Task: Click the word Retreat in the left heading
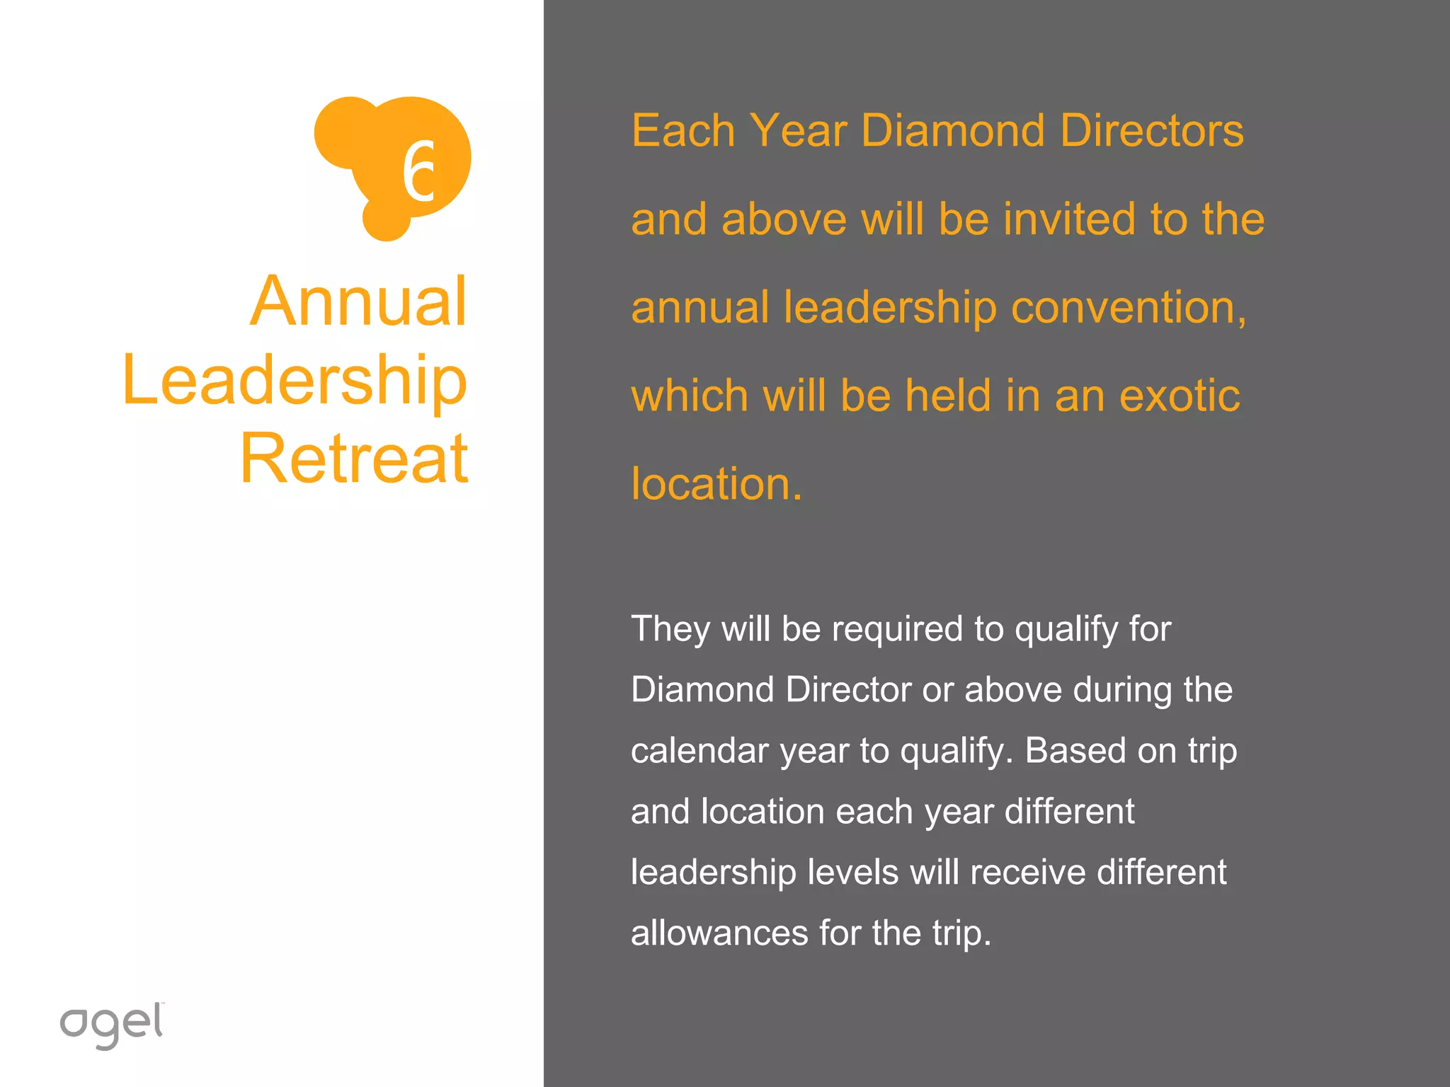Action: click(354, 459)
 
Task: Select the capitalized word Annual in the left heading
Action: click(358, 301)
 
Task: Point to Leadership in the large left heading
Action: click(295, 380)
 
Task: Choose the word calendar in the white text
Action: click(699, 750)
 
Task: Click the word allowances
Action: click(719, 933)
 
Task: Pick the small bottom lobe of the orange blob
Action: click(386, 220)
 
